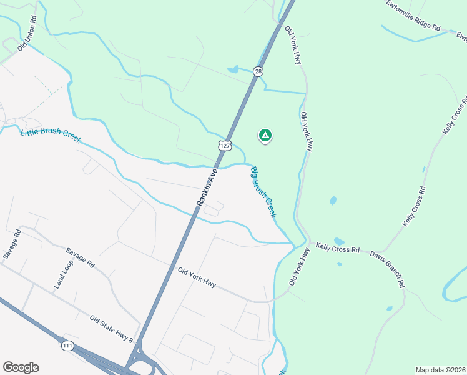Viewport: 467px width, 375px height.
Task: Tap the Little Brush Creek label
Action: (x=51, y=135)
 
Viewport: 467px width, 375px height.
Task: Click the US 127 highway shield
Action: (x=225, y=145)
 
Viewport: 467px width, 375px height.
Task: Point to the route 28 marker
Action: (x=258, y=72)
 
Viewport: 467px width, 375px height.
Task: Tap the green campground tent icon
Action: (x=265, y=135)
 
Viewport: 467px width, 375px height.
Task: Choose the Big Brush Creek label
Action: (x=263, y=192)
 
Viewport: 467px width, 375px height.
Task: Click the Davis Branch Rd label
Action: (x=387, y=269)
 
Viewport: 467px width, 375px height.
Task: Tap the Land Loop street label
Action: (x=61, y=274)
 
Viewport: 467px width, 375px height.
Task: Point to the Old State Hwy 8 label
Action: (x=112, y=329)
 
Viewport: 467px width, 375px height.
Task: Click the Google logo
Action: (x=21, y=367)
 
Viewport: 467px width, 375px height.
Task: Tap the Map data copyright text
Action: (x=440, y=370)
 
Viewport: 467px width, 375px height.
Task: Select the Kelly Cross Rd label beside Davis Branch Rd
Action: (x=338, y=249)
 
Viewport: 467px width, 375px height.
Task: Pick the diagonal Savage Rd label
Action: (x=80, y=257)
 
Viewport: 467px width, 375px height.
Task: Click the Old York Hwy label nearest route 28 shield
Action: (x=293, y=46)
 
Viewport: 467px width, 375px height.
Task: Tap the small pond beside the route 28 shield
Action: (x=233, y=69)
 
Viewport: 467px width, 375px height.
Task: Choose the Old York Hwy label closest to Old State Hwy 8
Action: (x=197, y=277)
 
